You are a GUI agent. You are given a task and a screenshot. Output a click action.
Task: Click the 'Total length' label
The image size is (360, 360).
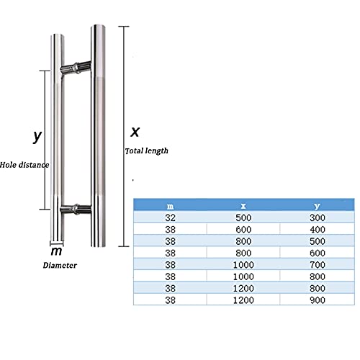[x=147, y=151]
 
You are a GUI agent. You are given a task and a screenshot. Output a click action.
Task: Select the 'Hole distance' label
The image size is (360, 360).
[x=24, y=165]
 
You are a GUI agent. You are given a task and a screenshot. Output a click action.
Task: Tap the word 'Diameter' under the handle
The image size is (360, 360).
[x=60, y=265]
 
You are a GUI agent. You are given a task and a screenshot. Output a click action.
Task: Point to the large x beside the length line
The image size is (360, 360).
[x=135, y=132]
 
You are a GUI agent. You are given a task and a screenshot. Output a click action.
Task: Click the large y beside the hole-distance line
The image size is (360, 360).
[x=37, y=137]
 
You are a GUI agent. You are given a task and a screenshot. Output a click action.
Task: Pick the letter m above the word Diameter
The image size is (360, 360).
[x=56, y=251]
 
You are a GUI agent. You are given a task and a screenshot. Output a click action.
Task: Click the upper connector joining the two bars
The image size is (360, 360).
[x=76, y=68]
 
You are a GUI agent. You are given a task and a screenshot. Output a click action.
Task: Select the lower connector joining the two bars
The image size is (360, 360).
[x=76, y=210]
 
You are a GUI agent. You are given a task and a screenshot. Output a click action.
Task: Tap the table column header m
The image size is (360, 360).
[x=170, y=206]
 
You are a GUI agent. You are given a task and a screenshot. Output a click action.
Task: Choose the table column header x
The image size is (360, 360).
[x=243, y=206]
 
